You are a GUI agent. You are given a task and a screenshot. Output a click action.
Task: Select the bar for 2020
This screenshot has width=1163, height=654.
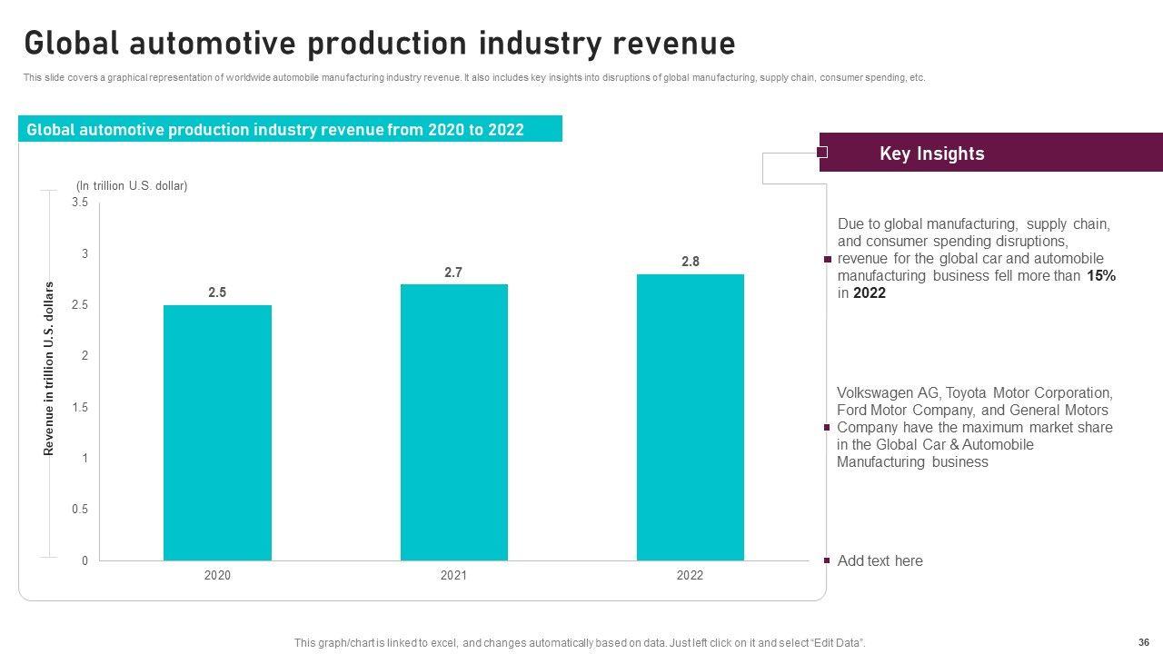coord(217,432)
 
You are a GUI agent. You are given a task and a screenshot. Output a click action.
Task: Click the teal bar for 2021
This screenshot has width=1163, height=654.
coord(453,422)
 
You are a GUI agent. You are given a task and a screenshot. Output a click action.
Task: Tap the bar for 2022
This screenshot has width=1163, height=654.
coord(690,417)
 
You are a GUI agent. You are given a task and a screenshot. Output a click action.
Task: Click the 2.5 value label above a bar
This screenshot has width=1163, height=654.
coord(217,292)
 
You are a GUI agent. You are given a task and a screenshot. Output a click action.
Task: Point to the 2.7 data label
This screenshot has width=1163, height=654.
coord(453,272)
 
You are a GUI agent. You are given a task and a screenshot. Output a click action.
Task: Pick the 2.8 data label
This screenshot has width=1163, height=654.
coord(691,262)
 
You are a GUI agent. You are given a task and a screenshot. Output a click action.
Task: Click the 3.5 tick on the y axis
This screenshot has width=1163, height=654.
coord(80,203)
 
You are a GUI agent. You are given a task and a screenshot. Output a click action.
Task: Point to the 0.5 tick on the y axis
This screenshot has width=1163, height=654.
coord(80,510)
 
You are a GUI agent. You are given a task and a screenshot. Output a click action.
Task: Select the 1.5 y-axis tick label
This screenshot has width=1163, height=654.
coord(80,408)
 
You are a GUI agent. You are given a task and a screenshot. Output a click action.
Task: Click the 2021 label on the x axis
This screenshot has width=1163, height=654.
coord(453,575)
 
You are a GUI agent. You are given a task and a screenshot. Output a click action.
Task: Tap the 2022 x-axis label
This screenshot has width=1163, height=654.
coord(690,575)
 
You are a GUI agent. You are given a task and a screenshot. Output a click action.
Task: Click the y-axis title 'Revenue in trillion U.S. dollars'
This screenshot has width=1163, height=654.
coord(50,369)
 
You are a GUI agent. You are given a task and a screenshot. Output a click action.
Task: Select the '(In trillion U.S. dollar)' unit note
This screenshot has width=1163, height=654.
coord(132,185)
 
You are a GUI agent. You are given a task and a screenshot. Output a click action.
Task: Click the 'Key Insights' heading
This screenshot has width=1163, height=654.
coord(931,154)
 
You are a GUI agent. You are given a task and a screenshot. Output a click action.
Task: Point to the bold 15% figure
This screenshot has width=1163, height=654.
coord(1101,276)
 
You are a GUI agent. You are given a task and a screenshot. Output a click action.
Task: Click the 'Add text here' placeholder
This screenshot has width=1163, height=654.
coord(880,560)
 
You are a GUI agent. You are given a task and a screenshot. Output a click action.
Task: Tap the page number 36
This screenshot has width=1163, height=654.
coord(1143,640)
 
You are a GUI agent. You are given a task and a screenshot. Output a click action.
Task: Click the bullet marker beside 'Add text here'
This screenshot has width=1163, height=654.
coord(827,560)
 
